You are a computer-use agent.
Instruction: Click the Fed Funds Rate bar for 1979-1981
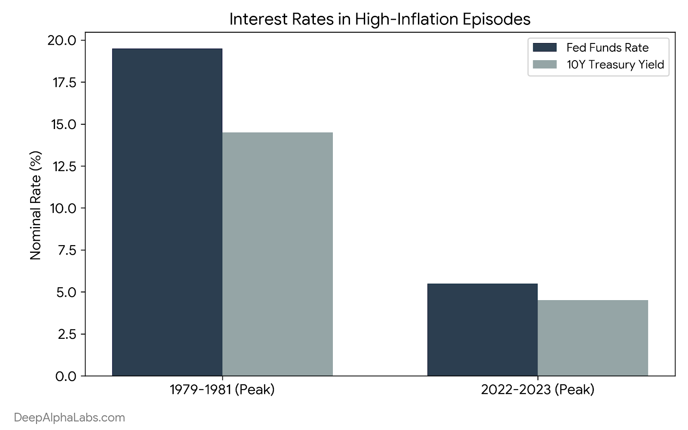pos(167,212)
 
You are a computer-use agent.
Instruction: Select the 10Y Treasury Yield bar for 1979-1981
pos(277,254)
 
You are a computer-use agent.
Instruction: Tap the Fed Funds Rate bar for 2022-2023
pos(482,330)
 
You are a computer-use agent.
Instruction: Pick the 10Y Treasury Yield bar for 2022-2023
pos(593,338)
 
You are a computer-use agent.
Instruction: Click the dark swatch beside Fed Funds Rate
pos(544,47)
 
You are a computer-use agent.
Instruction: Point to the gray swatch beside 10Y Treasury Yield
pos(544,64)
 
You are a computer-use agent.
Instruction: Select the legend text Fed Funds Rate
pos(608,48)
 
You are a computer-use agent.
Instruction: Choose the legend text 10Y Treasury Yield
pos(615,65)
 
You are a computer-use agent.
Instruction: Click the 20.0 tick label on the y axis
pos(62,40)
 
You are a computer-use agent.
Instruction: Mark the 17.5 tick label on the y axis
pos(64,82)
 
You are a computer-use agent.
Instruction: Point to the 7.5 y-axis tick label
pos(67,250)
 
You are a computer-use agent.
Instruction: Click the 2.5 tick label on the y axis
pos(67,334)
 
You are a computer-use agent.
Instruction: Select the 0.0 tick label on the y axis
pos(66,376)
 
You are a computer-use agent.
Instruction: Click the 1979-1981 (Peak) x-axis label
pos(222,390)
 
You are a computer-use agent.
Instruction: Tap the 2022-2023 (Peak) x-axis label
pos(537,390)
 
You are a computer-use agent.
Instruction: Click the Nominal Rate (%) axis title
pos(35,206)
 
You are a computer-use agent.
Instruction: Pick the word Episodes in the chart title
pos(496,19)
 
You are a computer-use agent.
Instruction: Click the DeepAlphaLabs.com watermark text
pos(69,418)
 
